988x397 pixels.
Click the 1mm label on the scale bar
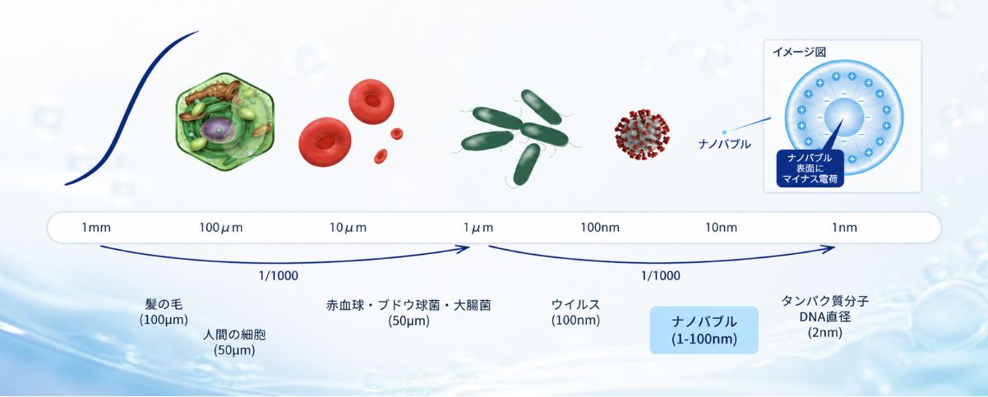click(96, 228)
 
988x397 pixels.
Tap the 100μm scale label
click(220, 228)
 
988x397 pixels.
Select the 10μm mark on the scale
click(348, 228)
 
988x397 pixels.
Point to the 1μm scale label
click(478, 228)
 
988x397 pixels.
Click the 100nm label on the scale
click(600, 228)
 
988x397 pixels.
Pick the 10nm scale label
click(721, 228)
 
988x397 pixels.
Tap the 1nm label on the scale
click(844, 228)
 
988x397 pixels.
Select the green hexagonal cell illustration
click(225, 122)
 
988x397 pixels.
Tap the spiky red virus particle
click(642, 134)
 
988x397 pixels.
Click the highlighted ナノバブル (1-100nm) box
click(704, 330)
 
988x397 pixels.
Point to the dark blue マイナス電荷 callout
click(810, 168)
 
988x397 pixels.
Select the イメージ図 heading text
click(799, 52)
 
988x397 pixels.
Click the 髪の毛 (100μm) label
click(164, 312)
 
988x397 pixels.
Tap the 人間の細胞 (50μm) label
click(234, 342)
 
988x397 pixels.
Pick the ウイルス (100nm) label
click(575, 312)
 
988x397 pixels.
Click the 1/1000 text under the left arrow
click(279, 275)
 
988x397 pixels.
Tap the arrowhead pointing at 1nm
click(829, 248)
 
